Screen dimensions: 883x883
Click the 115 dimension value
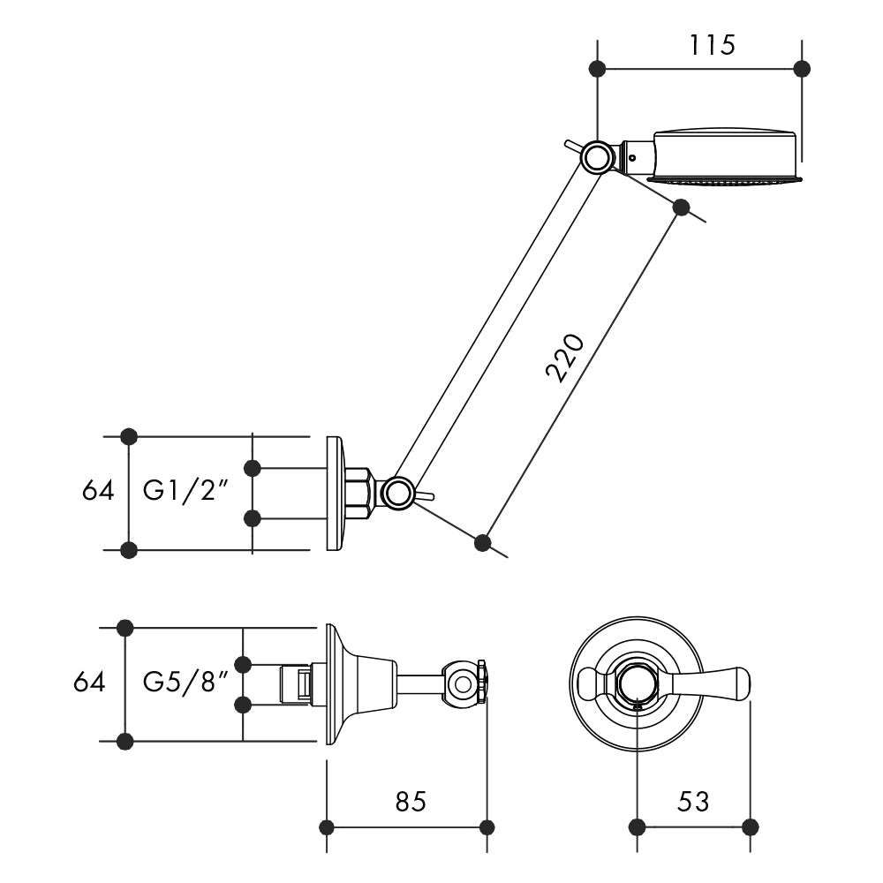(x=712, y=44)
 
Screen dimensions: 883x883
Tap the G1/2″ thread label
(x=186, y=491)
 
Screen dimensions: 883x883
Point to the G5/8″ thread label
(x=186, y=683)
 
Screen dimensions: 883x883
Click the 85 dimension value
(x=411, y=802)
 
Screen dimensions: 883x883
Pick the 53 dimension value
(x=693, y=802)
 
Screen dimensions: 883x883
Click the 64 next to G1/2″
(x=98, y=491)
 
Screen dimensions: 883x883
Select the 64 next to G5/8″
(x=89, y=683)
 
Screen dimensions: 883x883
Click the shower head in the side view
(x=724, y=156)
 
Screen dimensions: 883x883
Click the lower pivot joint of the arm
(x=397, y=492)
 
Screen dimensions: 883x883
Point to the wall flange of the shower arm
(x=335, y=493)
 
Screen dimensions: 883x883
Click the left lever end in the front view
(x=590, y=683)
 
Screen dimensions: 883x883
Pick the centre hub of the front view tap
(x=637, y=683)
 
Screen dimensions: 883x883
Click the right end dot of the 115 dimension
(x=802, y=68)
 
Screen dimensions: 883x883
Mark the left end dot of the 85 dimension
(x=327, y=827)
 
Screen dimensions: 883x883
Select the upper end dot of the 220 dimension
(x=681, y=207)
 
